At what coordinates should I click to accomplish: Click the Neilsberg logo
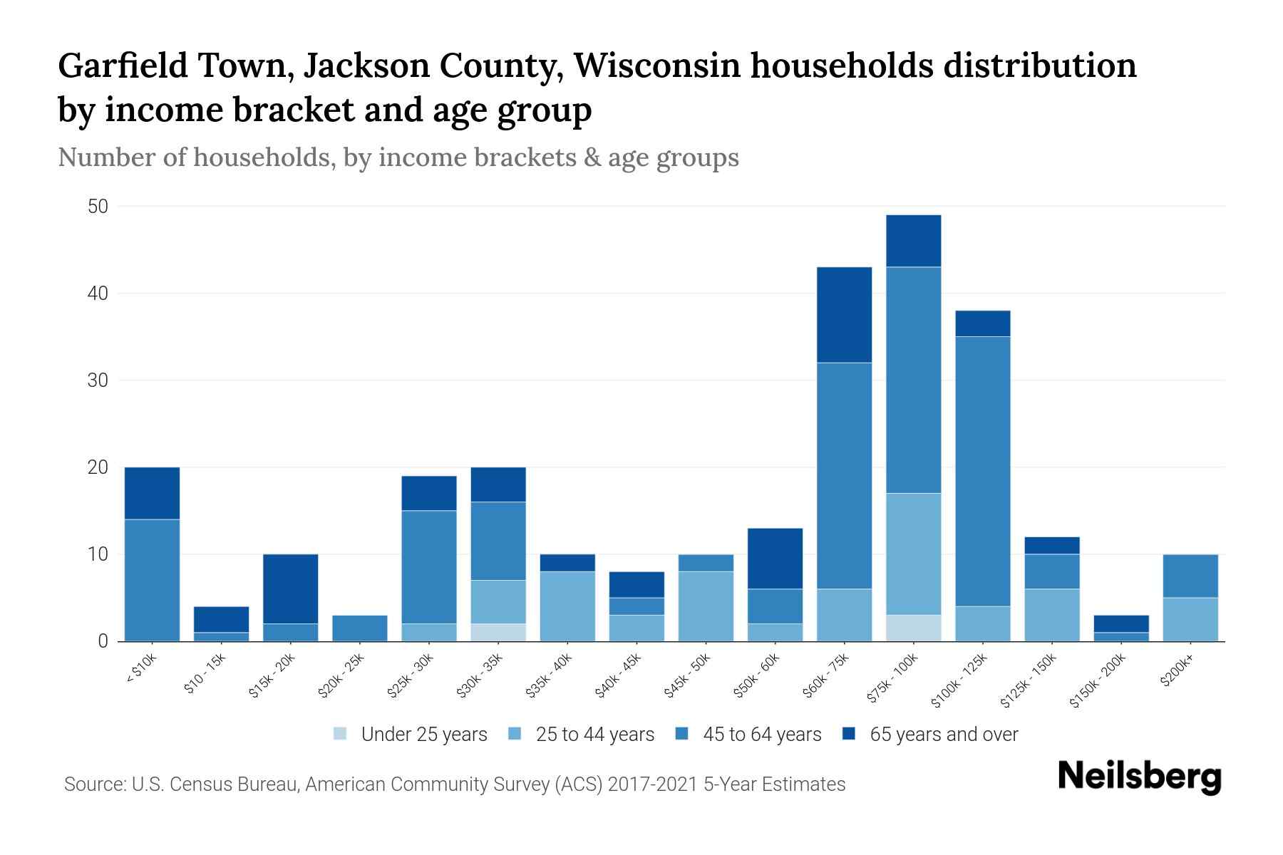click(x=1139, y=777)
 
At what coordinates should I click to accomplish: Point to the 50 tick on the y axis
click(x=98, y=207)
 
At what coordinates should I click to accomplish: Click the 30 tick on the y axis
click(x=98, y=380)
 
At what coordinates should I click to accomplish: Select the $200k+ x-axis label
click(x=1177, y=673)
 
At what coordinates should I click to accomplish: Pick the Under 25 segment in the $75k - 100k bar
click(x=913, y=628)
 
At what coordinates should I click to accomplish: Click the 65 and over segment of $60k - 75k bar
click(x=844, y=315)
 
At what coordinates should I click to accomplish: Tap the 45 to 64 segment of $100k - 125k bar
click(x=982, y=470)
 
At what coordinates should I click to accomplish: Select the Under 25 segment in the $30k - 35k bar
click(x=498, y=633)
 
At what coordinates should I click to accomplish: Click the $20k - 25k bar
click(x=360, y=628)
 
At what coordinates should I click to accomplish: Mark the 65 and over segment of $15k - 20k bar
click(x=291, y=589)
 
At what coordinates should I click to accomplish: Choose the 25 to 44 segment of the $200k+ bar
click(x=1190, y=619)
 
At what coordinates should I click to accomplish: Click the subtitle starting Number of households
click(x=398, y=157)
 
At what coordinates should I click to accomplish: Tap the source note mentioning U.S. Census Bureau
click(x=455, y=784)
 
